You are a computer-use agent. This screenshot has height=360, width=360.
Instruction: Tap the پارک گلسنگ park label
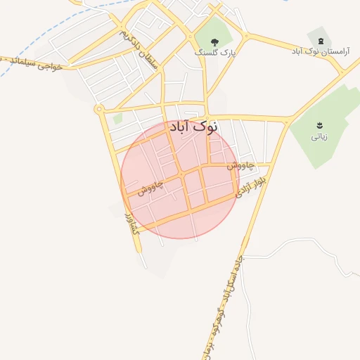(x=215, y=52)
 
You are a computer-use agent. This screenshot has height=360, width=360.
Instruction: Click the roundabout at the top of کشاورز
(x=98, y=109)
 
